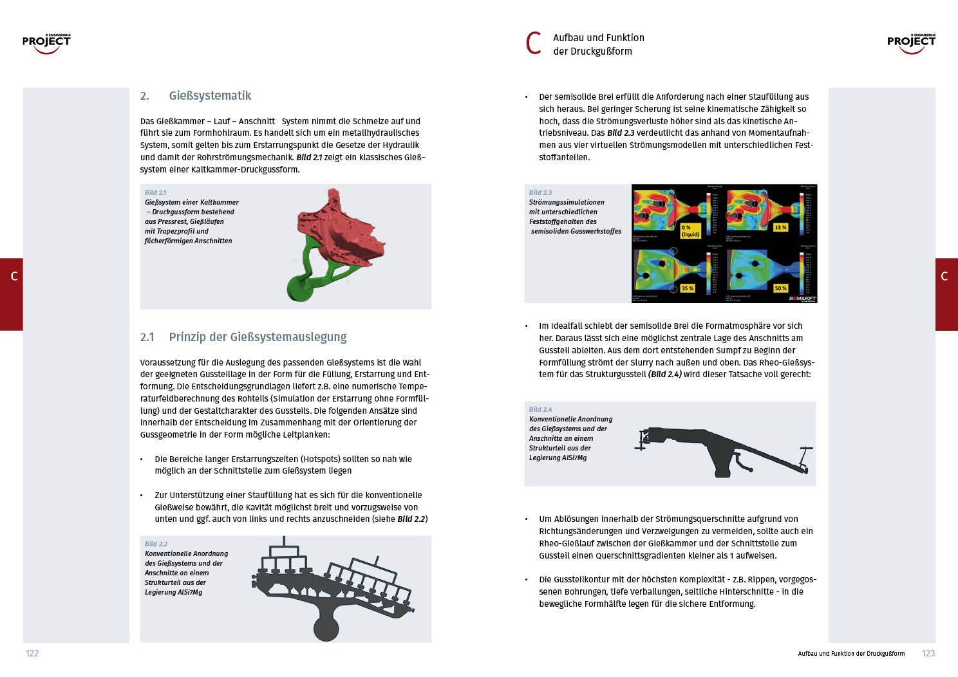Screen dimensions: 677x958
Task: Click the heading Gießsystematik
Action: click(x=210, y=96)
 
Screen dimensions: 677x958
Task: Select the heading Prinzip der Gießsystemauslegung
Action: click(x=258, y=337)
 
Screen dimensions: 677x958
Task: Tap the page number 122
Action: click(x=32, y=653)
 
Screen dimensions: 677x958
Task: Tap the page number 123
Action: click(x=928, y=653)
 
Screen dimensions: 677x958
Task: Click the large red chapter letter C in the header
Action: click(x=534, y=44)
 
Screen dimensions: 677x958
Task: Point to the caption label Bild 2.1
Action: click(x=155, y=192)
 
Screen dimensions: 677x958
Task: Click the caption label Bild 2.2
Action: click(x=156, y=544)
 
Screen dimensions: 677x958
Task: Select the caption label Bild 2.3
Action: click(x=540, y=192)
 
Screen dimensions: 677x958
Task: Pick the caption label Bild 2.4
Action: click(x=540, y=409)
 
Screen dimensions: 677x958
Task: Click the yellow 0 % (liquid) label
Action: click(x=690, y=231)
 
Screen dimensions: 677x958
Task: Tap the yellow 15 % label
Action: click(x=780, y=227)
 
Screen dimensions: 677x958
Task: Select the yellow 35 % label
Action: click(x=688, y=288)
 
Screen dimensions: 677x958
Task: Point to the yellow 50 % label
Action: click(x=780, y=288)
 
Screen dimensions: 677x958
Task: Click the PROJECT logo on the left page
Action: click(x=46, y=43)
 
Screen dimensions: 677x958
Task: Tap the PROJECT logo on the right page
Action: click(x=911, y=43)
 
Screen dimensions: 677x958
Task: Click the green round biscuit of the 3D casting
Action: click(x=299, y=287)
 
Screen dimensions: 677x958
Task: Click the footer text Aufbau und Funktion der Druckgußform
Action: click(x=851, y=654)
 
